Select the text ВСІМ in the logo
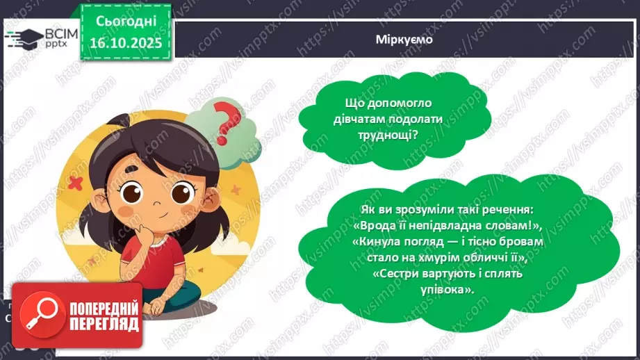tap(54, 33)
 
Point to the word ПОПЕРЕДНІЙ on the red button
tap(104, 307)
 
